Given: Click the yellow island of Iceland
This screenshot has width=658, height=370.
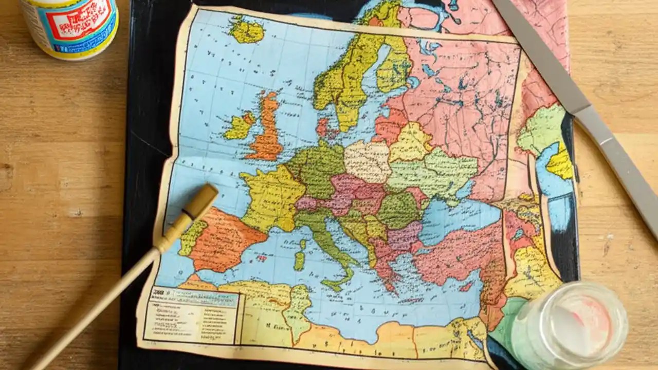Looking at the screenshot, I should pyautogui.click(x=246, y=30).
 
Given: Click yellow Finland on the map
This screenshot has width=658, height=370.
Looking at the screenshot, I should pyautogui.click(x=393, y=67).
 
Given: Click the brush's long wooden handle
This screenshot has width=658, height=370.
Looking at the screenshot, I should pyautogui.click(x=103, y=298).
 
